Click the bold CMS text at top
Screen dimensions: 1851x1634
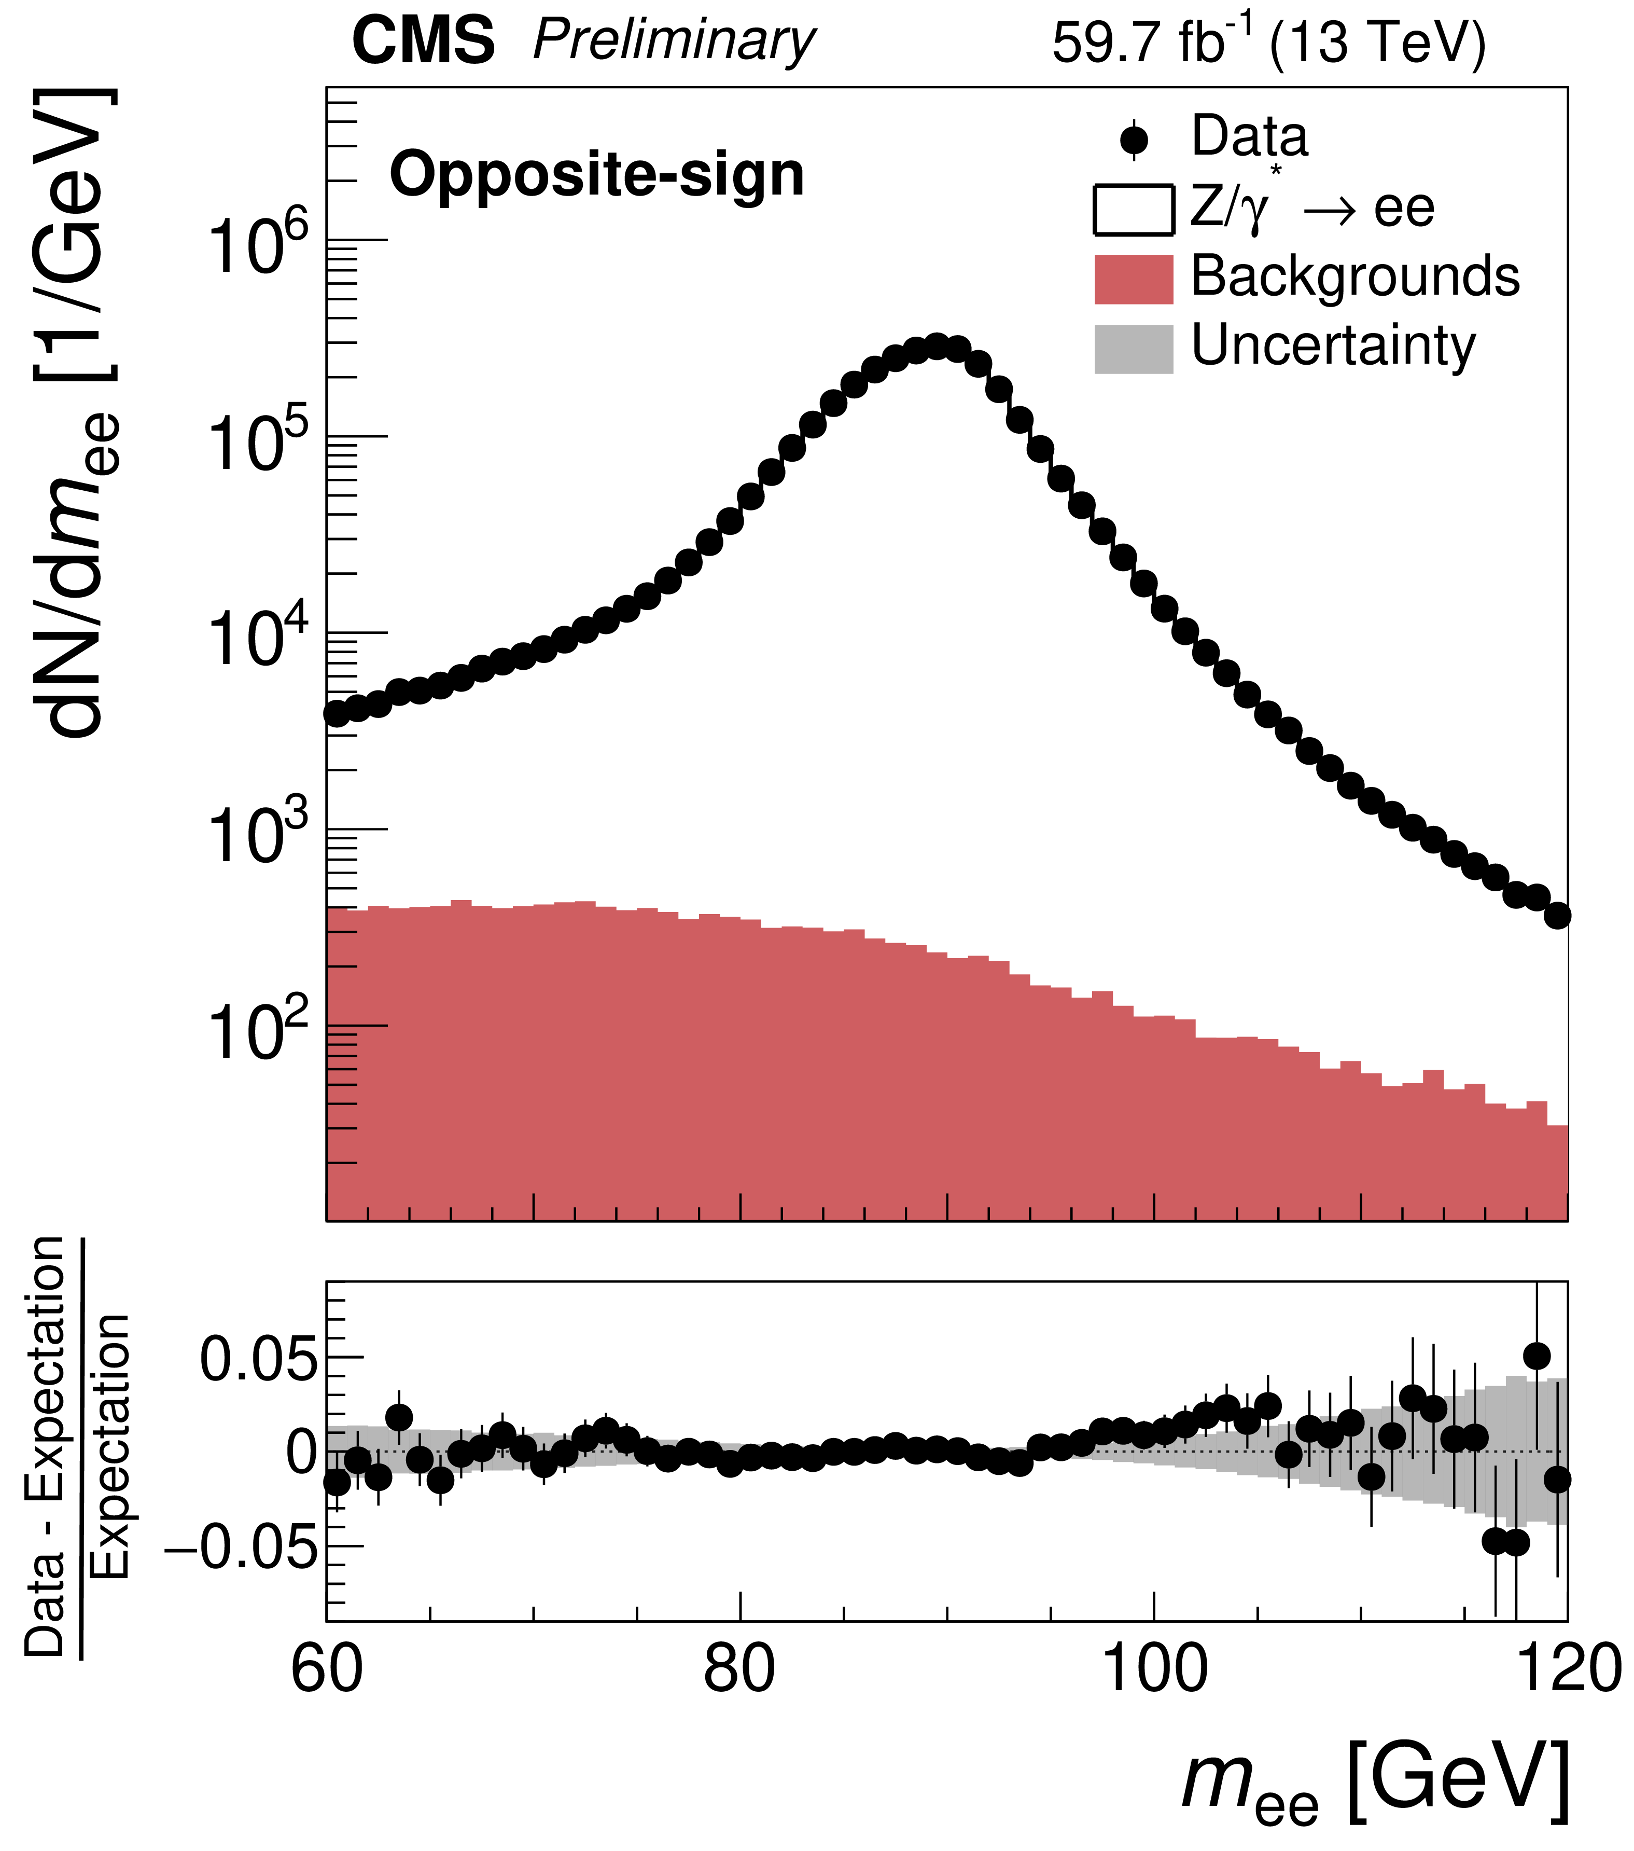423,43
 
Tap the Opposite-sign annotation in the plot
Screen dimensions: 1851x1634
596,175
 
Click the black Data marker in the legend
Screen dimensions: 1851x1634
1134,141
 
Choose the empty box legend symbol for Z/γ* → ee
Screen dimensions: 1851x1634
1134,210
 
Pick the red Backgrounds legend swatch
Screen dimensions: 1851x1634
1134,279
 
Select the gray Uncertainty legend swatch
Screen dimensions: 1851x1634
1134,349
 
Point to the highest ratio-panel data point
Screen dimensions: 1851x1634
1536,1356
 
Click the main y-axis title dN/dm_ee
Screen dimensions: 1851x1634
77,412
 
